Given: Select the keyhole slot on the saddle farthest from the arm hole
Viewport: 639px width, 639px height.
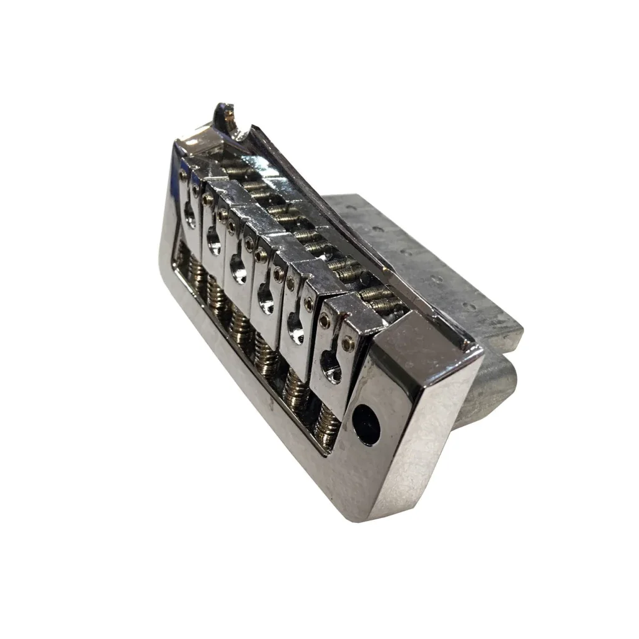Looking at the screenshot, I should pos(189,214).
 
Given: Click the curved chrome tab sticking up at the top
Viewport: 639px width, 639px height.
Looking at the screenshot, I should pos(226,116).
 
